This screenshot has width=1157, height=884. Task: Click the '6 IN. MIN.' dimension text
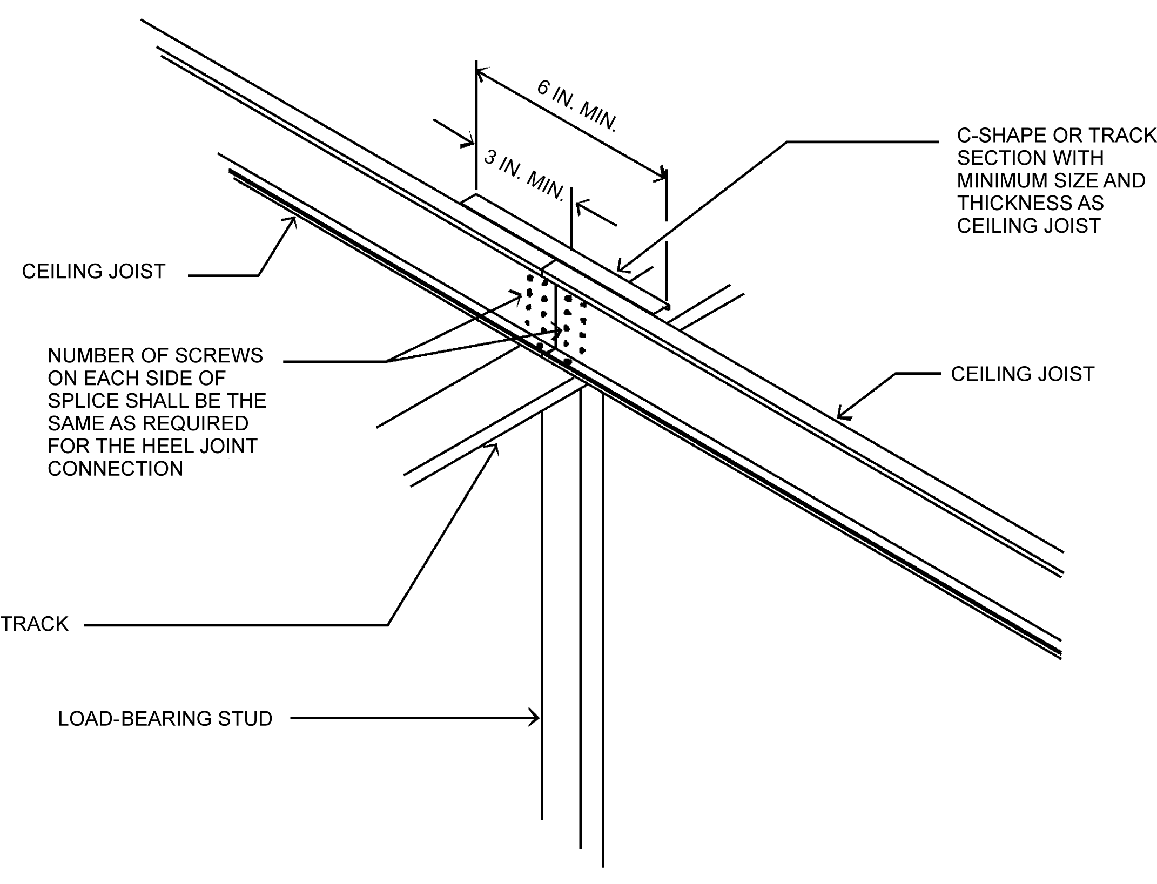tap(577, 106)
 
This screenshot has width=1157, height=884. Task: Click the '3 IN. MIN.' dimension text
tap(524, 174)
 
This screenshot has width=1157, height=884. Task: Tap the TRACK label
tap(35, 624)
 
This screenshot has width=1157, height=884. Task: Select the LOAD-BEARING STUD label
tap(165, 719)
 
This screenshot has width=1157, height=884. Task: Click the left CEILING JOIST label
tap(93, 271)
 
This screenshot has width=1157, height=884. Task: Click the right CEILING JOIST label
tap(1023, 374)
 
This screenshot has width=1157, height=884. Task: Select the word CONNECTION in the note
tap(116, 469)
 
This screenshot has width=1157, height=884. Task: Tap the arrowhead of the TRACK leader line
tap(493, 448)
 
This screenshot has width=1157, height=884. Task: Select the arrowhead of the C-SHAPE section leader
tap(621, 267)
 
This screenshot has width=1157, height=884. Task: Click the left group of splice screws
tap(536, 311)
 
